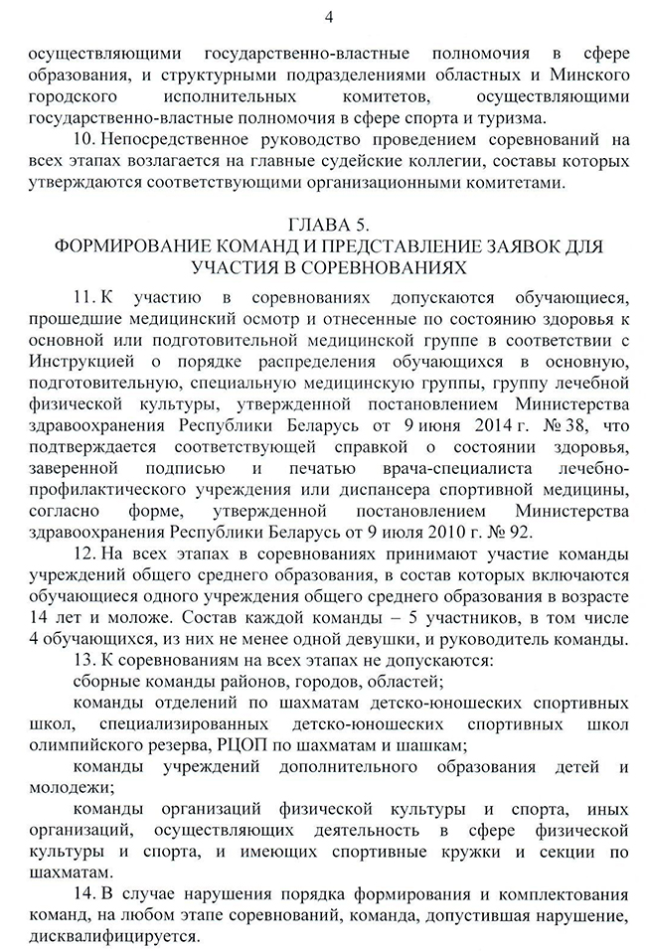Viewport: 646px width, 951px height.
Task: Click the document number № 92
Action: pos(429,534)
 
